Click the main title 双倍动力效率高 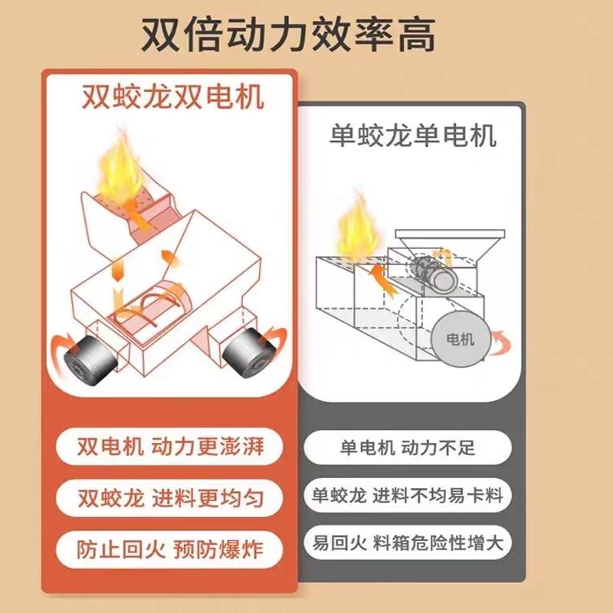306,34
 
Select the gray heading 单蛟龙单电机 412,136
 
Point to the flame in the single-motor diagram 356,225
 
